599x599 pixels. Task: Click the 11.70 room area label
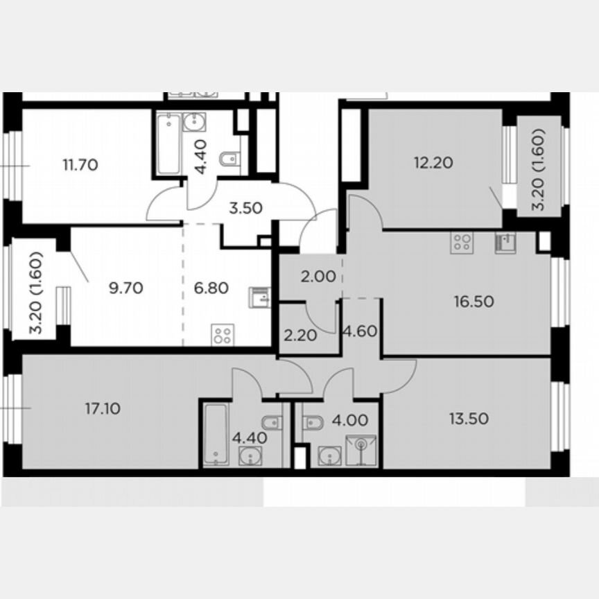(80, 165)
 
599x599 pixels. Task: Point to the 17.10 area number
(102, 409)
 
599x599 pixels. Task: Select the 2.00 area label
(318, 276)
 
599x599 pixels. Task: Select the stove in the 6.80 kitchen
(223, 336)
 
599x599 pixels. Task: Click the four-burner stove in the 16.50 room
(462, 243)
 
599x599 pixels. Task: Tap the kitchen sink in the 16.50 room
(505, 243)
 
